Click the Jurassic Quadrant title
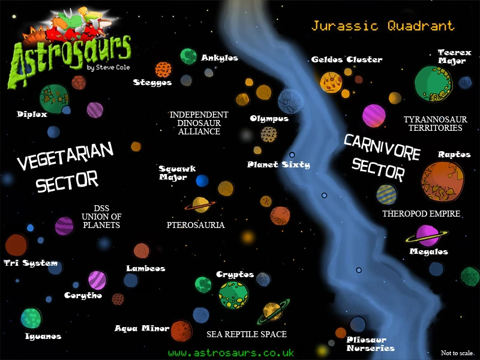tap(382, 26)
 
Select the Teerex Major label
tap(454, 56)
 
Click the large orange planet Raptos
tap(442, 181)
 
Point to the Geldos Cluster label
tap(346, 59)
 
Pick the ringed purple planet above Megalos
tap(428, 235)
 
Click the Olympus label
tap(269, 118)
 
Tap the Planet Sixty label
tap(278, 164)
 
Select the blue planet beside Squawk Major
tap(202, 181)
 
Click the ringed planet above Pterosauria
tap(200, 205)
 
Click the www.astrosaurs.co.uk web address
tap(230, 353)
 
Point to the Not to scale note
tap(457, 353)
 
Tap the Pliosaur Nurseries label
tap(370, 344)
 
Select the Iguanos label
tap(43, 336)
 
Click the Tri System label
tap(31, 263)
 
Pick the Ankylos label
tap(220, 58)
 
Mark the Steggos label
tap(152, 82)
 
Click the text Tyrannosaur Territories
tap(433, 124)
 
